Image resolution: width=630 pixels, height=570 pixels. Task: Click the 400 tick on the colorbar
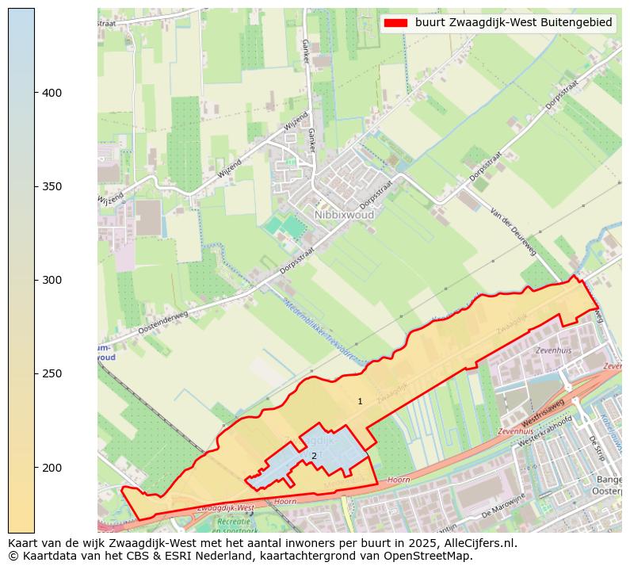[x=35, y=93]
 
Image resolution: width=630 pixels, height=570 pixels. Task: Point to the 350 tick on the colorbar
[x=35, y=186]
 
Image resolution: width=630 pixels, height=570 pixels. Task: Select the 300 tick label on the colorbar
[x=52, y=281]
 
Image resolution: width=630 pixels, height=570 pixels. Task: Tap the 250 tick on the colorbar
[x=35, y=373]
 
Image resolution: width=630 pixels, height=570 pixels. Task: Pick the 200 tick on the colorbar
[x=35, y=468]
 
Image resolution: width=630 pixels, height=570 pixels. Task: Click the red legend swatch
[x=396, y=23]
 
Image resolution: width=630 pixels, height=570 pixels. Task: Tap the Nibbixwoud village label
[x=343, y=215]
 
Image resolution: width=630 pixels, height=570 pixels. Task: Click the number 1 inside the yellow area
[x=360, y=402]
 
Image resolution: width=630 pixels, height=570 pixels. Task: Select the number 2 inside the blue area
[x=314, y=456]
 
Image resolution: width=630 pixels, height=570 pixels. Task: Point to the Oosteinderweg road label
[x=163, y=321]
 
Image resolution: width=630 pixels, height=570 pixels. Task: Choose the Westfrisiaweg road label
[x=543, y=412]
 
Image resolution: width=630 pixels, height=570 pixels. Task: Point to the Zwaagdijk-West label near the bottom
[x=225, y=507]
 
